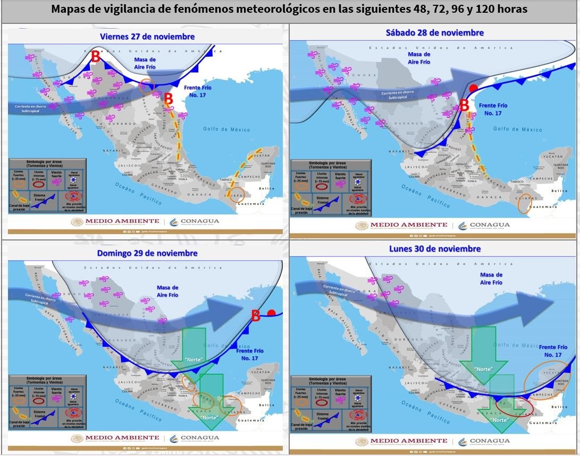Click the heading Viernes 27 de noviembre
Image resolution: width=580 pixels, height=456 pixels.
[x=148, y=36]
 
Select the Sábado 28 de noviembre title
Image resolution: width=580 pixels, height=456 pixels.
[x=434, y=32]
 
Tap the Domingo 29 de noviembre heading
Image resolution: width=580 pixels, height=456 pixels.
[x=147, y=253]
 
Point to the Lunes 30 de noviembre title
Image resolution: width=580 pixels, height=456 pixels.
[x=434, y=248]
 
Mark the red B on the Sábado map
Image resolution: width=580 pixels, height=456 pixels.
[x=464, y=105]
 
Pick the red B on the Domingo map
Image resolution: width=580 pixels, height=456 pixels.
[x=255, y=316]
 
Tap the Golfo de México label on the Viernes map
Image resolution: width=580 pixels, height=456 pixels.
[x=226, y=128]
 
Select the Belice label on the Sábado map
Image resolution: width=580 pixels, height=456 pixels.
[x=560, y=191]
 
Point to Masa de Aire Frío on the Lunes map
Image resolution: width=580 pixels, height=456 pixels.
[x=491, y=279]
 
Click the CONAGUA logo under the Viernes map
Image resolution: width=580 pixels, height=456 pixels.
[x=194, y=221]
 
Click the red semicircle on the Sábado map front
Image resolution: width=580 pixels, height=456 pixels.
[x=473, y=88]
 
